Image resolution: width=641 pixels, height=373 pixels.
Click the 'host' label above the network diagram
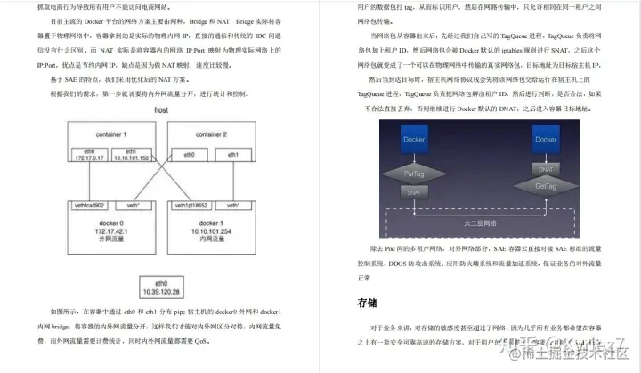161,110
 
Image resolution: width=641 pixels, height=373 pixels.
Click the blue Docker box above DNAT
547,140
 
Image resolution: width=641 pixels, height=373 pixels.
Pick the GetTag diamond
547,186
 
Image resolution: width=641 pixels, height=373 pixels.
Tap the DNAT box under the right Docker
547,166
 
